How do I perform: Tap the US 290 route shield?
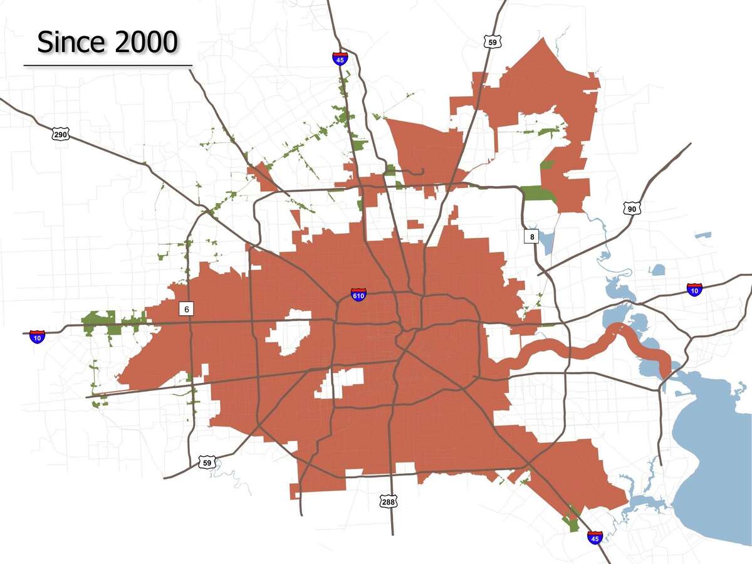60,134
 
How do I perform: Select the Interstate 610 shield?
358,295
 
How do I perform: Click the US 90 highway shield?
632,209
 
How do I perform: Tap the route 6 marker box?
186,308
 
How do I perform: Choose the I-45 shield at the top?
340,59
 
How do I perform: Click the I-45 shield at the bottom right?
595,537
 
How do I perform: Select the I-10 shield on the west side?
37,337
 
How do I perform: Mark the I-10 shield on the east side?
694,290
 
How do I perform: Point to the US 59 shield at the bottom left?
207,462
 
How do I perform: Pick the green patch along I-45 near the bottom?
572,520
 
